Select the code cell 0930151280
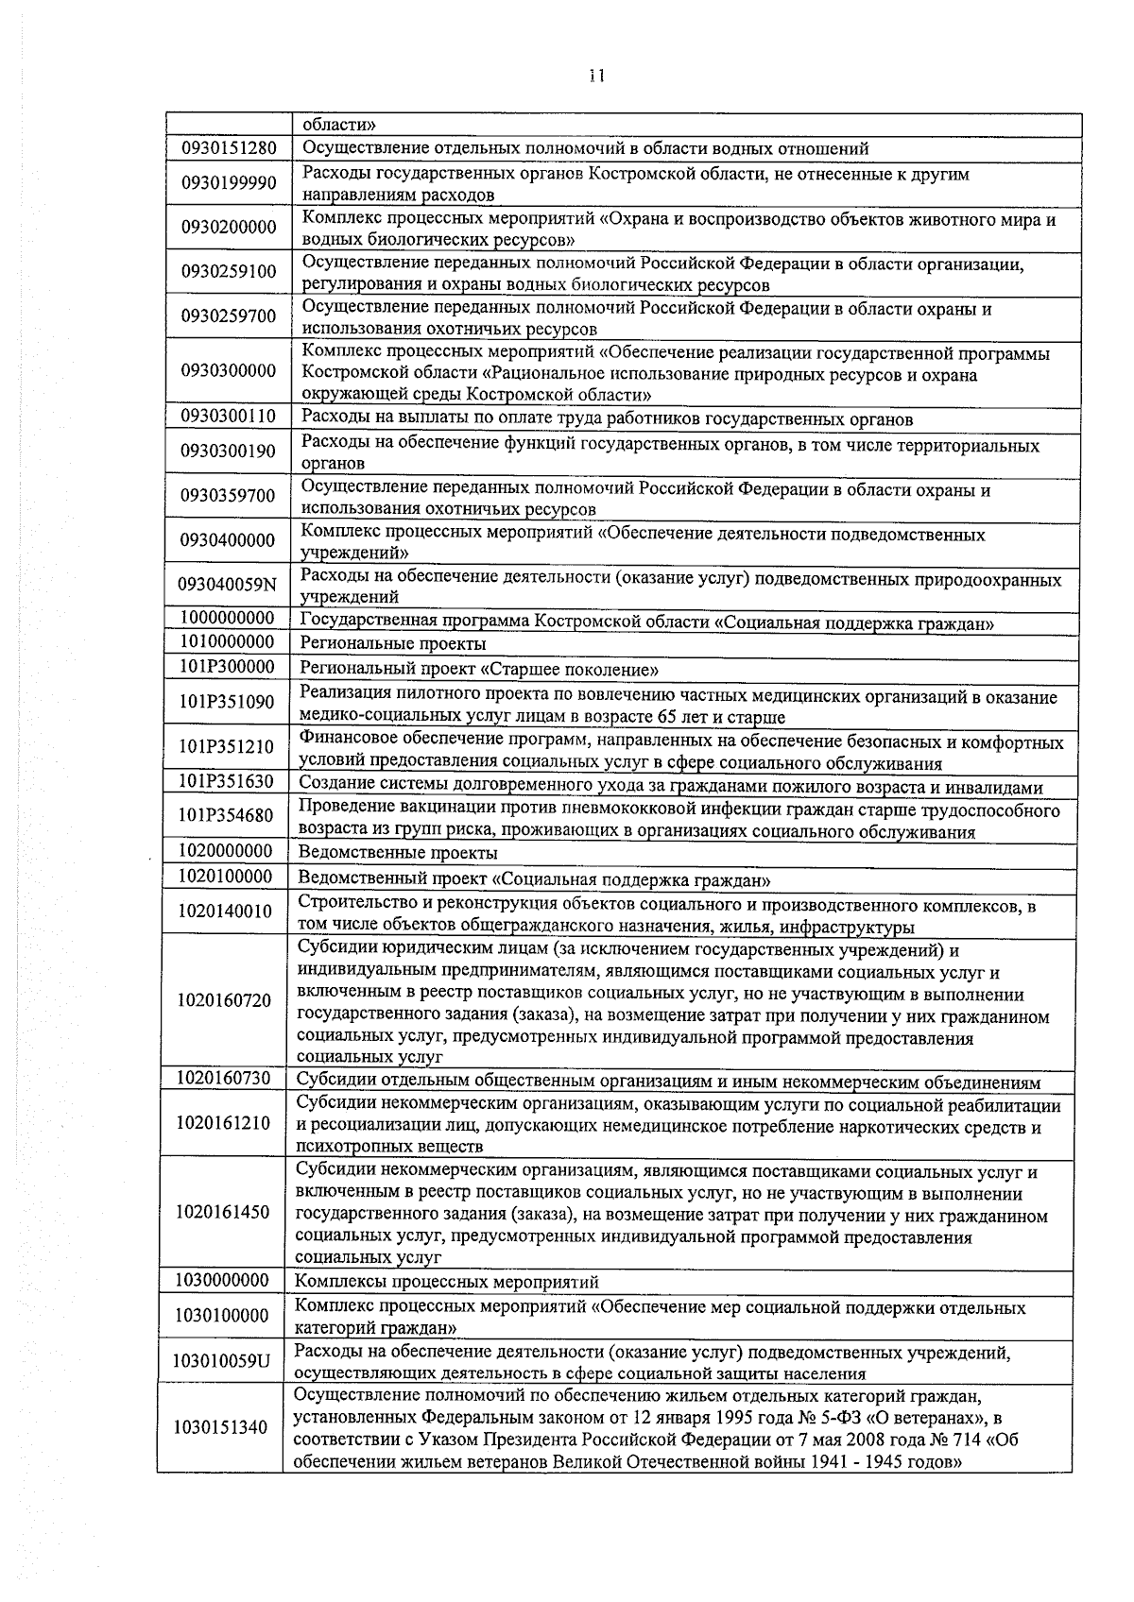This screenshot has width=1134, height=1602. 228,148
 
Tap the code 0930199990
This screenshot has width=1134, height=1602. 228,183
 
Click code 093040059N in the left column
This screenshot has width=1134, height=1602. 227,585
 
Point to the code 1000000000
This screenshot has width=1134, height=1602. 226,618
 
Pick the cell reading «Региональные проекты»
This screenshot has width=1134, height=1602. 392,643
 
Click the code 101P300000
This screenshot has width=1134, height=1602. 226,667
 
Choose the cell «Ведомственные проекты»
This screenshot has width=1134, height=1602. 397,853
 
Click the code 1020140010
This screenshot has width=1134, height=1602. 224,912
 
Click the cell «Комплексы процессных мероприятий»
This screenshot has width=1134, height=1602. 446,1282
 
